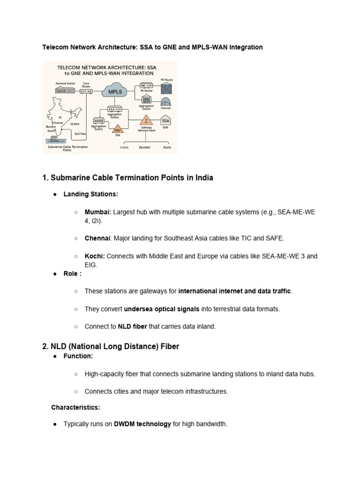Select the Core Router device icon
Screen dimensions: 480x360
pyautogui.click(x=86, y=91)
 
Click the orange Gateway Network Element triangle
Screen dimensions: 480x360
pyautogui.click(x=146, y=120)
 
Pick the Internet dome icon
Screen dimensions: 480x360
pyautogui.click(x=166, y=102)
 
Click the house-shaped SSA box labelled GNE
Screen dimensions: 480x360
pyautogui.click(x=165, y=120)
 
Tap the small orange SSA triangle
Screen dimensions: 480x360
pyautogui.click(x=118, y=129)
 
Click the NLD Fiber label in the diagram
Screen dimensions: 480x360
pyautogui.click(x=80, y=134)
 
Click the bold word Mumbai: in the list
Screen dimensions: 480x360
pyautogui.click(x=98, y=212)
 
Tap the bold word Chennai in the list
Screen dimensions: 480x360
pyautogui.click(x=97, y=239)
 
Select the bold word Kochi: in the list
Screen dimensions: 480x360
pyautogui.click(x=95, y=256)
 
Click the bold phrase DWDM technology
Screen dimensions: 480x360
pyautogui.click(x=142, y=424)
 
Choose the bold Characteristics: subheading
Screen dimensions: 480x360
pyautogui.click(x=75, y=407)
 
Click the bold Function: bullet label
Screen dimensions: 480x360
pyautogui.click(x=78, y=356)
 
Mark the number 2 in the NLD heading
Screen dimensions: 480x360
pyautogui.click(x=45, y=346)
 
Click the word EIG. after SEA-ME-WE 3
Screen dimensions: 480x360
pyautogui.click(x=91, y=265)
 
